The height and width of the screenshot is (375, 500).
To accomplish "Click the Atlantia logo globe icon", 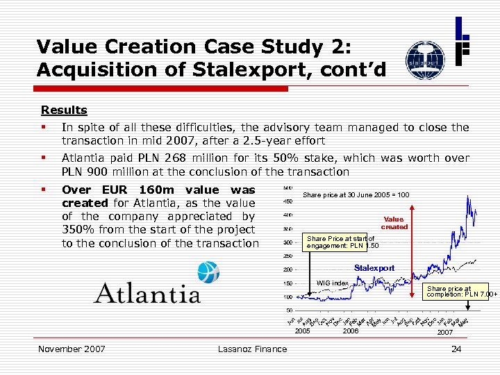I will (208, 272).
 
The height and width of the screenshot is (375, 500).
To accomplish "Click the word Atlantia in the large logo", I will (147, 293).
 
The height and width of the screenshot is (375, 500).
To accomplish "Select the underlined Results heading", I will (64, 110).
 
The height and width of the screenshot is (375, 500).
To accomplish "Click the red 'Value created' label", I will (394, 223).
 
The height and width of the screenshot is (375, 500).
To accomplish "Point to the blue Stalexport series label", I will (374, 268).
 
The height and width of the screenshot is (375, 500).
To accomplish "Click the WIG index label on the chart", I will (333, 283).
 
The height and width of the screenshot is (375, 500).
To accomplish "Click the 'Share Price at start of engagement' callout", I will (342, 242).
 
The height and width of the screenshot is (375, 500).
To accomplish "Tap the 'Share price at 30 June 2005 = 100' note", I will (356, 194).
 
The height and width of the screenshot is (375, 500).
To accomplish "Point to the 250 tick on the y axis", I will (287, 256).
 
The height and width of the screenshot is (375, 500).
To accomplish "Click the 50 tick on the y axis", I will (289, 310).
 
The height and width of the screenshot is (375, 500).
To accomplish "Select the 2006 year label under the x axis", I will (351, 332).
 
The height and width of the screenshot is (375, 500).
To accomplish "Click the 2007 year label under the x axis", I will (445, 332).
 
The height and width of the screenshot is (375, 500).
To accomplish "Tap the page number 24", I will (456, 349).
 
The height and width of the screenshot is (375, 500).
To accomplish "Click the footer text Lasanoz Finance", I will (251, 349).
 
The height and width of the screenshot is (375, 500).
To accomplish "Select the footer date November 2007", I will (71, 349).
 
